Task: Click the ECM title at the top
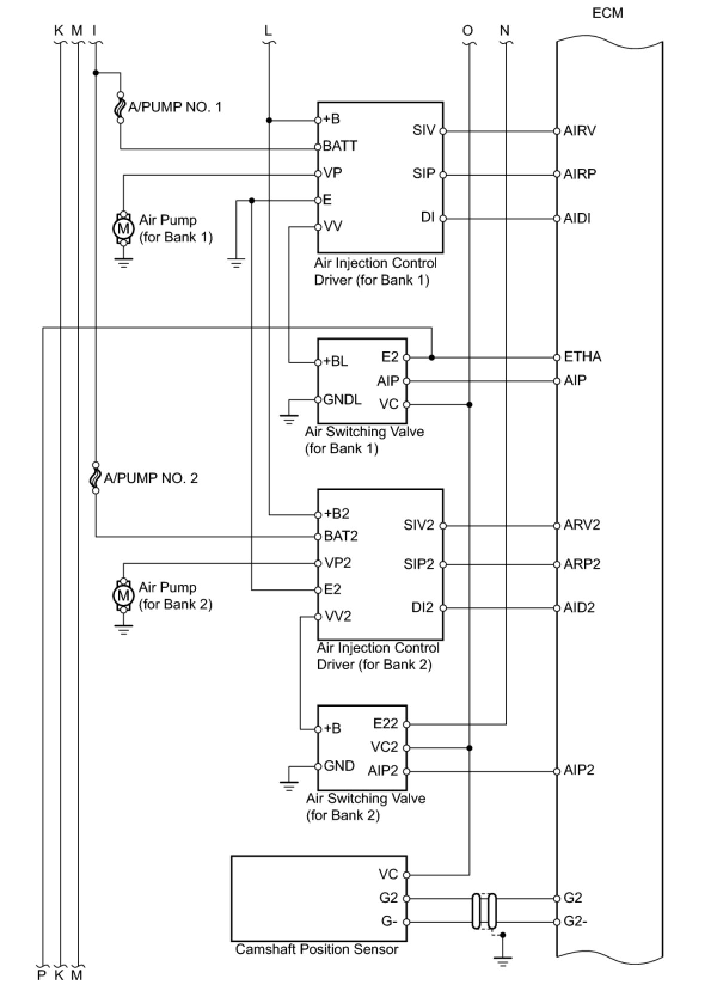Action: click(x=607, y=13)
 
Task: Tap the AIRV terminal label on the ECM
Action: click(x=579, y=131)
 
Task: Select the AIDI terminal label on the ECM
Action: click(x=577, y=218)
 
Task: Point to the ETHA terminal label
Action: click(x=582, y=357)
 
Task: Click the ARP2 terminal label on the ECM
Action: click(x=581, y=564)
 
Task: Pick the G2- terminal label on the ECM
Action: click(x=575, y=922)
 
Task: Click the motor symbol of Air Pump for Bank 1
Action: click(x=124, y=228)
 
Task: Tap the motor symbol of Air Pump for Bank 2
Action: click(x=124, y=595)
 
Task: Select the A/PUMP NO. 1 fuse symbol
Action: click(x=120, y=108)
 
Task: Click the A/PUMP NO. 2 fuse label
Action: click(x=151, y=478)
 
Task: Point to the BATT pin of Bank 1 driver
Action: click(x=339, y=146)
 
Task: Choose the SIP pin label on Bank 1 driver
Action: click(x=424, y=174)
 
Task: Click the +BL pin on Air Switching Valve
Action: click(x=335, y=362)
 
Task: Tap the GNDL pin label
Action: click(x=342, y=400)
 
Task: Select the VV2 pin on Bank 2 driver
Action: click(x=338, y=616)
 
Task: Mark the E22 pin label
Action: click(x=385, y=724)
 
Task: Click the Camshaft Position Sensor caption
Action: click(x=316, y=949)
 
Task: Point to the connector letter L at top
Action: click(x=268, y=30)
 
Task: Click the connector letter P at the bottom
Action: click(x=42, y=975)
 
